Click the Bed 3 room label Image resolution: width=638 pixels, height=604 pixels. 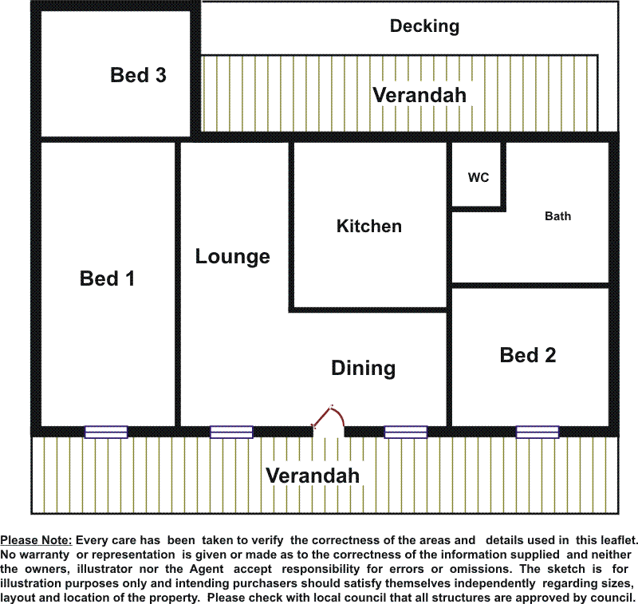click(x=138, y=75)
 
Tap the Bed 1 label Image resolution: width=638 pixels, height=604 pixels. click(x=107, y=278)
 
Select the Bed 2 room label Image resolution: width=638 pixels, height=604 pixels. click(x=527, y=355)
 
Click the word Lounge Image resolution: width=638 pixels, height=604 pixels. click(x=232, y=257)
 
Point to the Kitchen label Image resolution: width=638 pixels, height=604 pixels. click(x=368, y=227)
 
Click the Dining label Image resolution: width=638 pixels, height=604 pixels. click(x=363, y=368)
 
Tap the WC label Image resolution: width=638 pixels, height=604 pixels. click(x=478, y=178)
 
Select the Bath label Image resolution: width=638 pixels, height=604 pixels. click(x=557, y=216)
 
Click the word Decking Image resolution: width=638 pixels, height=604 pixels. click(x=424, y=26)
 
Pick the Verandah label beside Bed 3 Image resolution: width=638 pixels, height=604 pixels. click(x=419, y=95)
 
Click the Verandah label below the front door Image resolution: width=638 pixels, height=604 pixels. click(x=313, y=476)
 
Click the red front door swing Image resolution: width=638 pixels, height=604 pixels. click(x=329, y=416)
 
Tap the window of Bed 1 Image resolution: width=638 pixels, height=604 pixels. click(x=106, y=432)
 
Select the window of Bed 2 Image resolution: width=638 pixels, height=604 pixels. click(x=537, y=432)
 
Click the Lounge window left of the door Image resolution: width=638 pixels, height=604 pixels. click(x=231, y=432)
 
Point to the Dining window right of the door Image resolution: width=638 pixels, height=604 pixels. click(x=405, y=432)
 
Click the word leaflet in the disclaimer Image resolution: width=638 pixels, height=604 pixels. click(x=615, y=540)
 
